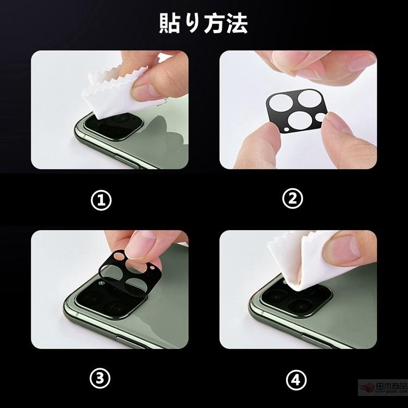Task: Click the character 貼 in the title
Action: [170, 23]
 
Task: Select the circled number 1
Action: [101, 200]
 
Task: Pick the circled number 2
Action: [293, 199]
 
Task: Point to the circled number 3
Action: [101, 377]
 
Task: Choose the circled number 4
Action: [293, 377]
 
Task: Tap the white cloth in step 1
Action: [109, 95]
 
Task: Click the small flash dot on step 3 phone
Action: [102, 284]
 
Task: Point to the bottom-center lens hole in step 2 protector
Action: [298, 118]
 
